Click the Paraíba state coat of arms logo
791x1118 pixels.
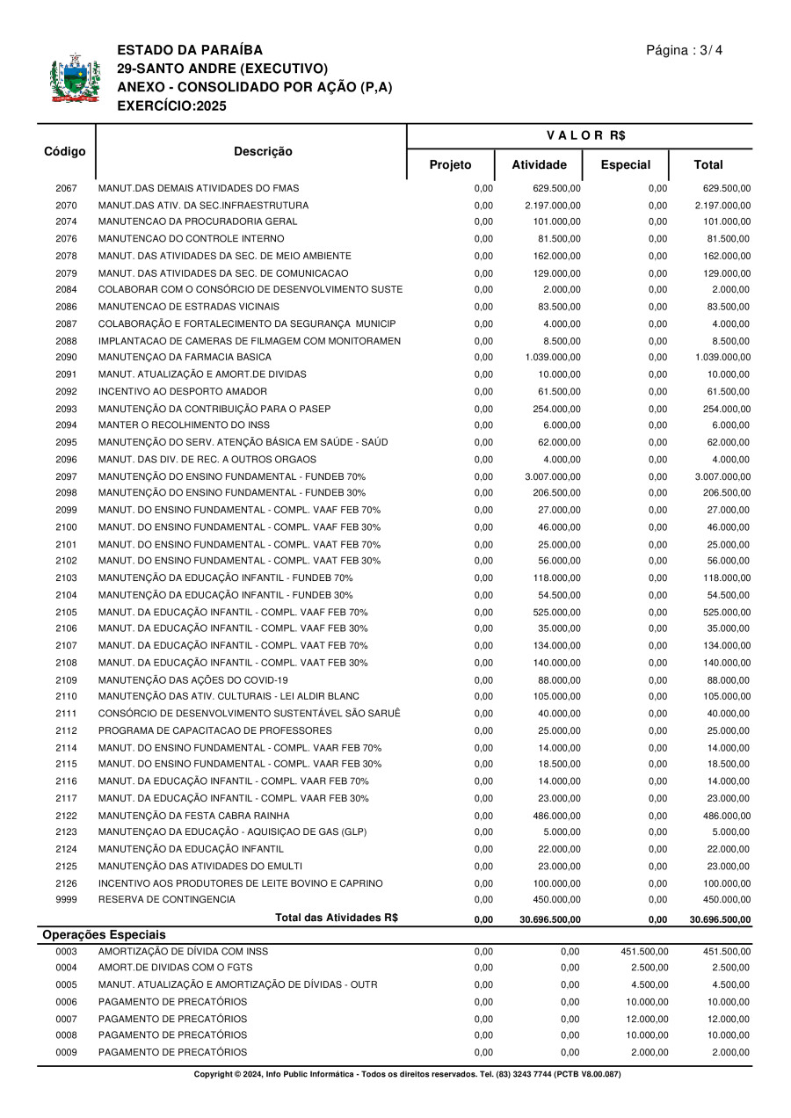tap(69, 78)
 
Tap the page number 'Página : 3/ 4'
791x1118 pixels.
tap(685, 50)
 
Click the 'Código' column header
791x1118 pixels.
tap(65, 151)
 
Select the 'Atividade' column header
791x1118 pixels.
tap(539, 164)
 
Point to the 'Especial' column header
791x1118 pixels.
tap(625, 164)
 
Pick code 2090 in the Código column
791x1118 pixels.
tap(66, 358)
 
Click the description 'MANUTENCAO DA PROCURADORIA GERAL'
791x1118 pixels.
tap(185, 221)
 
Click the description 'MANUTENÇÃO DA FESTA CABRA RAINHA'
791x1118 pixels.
tap(193, 816)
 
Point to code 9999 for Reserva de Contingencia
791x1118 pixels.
tap(66, 900)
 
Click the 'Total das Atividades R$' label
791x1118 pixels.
tap(337, 918)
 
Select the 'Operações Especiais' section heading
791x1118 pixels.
tap(105, 935)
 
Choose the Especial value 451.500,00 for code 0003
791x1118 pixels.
tap(644, 951)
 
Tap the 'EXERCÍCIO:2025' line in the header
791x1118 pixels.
tap(171, 106)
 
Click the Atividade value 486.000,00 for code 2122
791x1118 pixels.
tap(557, 816)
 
